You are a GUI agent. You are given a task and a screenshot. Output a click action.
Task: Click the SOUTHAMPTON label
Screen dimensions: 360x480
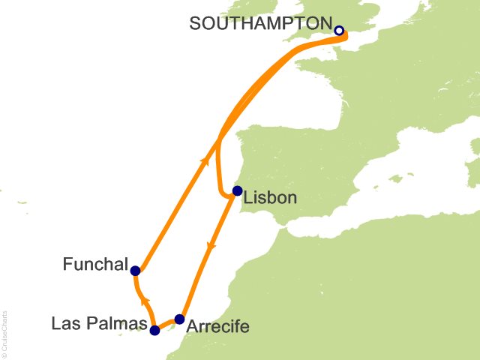click(258, 23)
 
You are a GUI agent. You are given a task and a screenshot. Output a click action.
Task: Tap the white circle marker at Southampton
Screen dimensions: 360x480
click(338, 31)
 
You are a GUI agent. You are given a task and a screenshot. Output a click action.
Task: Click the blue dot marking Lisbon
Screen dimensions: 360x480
click(237, 190)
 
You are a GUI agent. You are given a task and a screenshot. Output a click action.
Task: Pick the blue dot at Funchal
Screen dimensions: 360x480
click(135, 271)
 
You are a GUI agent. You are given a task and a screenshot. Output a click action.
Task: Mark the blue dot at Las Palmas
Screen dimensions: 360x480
click(154, 330)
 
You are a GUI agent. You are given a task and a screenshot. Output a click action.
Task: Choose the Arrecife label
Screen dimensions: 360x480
click(217, 327)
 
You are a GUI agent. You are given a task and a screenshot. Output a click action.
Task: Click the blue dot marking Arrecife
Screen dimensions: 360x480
click(179, 319)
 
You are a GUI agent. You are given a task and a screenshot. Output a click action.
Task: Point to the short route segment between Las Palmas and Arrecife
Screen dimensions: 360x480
click(166, 324)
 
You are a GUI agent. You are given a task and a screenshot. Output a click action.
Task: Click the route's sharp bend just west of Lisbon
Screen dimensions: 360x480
click(223, 193)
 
